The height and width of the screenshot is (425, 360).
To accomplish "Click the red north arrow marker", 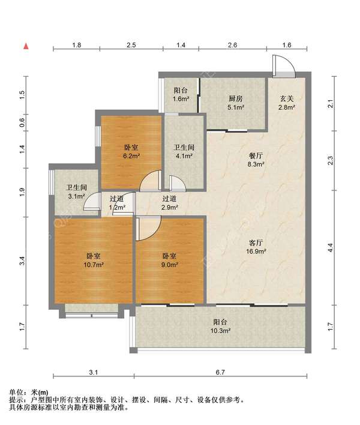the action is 26,46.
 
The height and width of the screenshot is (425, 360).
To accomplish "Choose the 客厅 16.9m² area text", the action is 256,247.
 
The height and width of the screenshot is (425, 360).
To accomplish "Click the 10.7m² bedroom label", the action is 94,261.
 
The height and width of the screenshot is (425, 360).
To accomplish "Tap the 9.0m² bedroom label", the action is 170,261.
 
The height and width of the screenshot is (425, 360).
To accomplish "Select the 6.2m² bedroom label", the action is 131,152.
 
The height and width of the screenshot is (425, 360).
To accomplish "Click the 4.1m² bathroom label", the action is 184,152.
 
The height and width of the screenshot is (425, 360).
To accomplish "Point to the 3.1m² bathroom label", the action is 77,192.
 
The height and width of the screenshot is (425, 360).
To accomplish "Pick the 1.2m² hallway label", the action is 117,203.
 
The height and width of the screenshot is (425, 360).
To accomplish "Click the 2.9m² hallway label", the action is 170,203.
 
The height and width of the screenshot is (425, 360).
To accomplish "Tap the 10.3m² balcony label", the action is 220,327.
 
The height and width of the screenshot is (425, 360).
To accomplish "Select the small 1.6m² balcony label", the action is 181,95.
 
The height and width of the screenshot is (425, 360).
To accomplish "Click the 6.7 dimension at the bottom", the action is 220,372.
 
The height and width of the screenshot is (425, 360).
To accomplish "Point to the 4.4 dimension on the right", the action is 330,248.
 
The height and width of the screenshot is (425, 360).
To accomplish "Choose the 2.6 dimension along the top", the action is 232,45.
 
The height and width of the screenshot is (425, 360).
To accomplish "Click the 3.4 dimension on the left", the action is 22,261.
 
